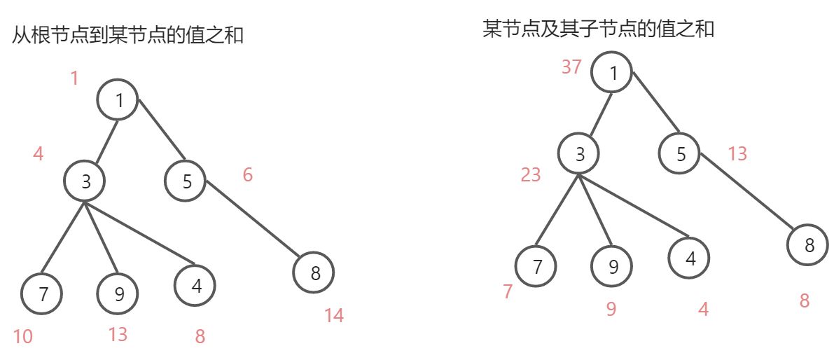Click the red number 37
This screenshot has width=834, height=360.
572,67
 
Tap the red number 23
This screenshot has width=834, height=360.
531,175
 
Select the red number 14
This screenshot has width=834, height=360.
334,316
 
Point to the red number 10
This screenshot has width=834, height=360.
22,337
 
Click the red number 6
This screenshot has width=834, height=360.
247,175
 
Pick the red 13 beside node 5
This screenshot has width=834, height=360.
737,154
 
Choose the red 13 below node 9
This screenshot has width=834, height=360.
118,335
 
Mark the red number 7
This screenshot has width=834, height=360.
508,292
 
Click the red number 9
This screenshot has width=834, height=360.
611,309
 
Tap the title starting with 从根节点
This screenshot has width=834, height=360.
127,35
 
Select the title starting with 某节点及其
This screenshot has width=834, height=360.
598,29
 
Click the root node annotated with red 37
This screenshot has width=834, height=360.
612,73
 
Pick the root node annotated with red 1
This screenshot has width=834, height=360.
118,101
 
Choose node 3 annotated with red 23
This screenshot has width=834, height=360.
579,153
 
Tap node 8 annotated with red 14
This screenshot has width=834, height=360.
314,273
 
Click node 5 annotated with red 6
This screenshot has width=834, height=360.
186,181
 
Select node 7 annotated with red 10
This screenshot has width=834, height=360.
42,294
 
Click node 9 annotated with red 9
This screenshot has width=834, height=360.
612,266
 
